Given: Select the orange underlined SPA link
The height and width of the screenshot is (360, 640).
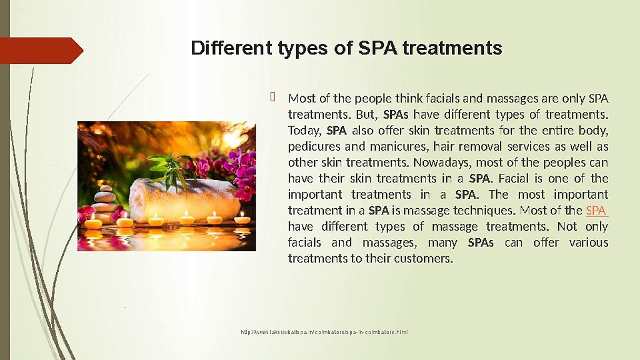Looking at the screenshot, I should point(596,210).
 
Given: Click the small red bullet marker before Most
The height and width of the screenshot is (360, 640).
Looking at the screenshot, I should point(273,97).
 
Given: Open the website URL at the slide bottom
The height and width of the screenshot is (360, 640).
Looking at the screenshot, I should point(324,332).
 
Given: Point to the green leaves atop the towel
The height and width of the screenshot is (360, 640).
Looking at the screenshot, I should point(170,167).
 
